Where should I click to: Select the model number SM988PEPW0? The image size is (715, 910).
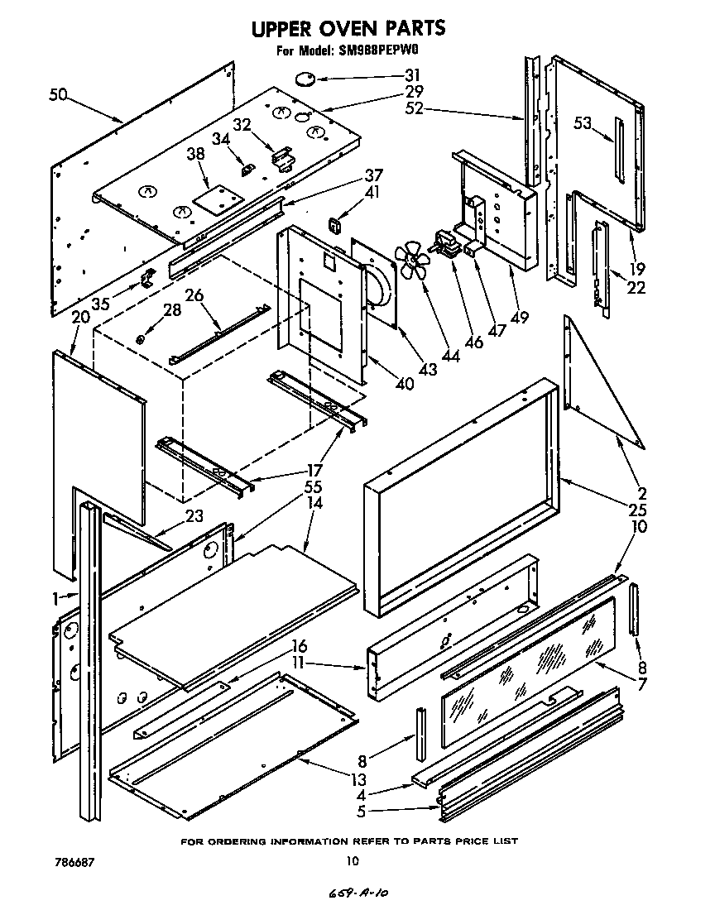(391, 51)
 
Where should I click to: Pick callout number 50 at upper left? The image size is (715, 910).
(58, 95)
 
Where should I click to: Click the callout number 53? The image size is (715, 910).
(583, 124)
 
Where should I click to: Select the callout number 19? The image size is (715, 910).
(636, 268)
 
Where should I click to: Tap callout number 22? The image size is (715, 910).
(636, 289)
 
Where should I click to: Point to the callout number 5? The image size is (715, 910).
(361, 812)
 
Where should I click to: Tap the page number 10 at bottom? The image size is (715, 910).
(353, 862)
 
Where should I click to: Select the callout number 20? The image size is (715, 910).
(80, 317)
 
